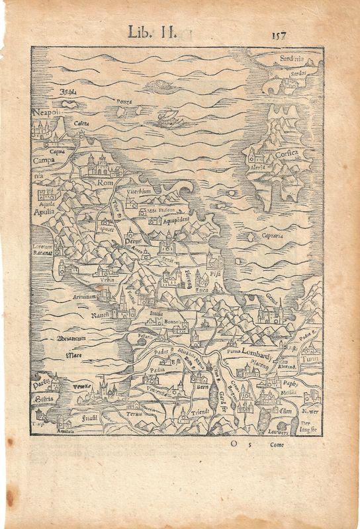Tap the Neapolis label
point(46,113)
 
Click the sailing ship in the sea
point(169,120)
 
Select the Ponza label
point(124,102)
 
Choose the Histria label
point(44,399)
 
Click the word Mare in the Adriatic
point(73,356)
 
